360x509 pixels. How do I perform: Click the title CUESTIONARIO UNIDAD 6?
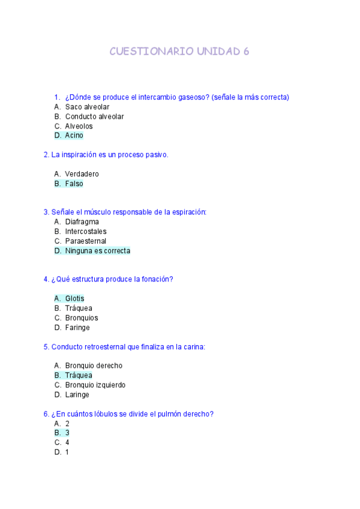[179, 52]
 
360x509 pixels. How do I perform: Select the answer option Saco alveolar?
[87, 107]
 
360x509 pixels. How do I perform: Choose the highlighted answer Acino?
[74, 136]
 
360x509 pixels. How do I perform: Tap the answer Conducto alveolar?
[94, 116]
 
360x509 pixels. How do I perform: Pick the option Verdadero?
[82, 174]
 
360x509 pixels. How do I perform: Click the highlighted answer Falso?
[74, 184]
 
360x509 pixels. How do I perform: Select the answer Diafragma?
[82, 222]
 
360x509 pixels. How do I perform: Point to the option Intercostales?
[86, 232]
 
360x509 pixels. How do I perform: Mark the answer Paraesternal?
[86, 241]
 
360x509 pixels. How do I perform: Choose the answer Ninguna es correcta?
[97, 251]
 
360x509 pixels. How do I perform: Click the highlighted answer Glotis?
[74, 299]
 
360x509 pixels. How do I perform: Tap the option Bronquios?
[82, 318]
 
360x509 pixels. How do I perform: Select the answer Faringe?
[77, 328]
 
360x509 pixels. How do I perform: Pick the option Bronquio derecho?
[94, 366]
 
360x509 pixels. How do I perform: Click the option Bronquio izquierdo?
[95, 385]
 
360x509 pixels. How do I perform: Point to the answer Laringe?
[77, 394]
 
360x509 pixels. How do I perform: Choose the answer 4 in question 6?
[67, 442]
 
